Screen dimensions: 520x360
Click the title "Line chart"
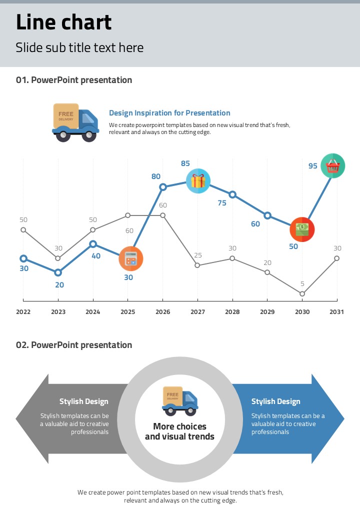[x=64, y=22]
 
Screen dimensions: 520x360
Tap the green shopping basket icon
[x=332, y=165]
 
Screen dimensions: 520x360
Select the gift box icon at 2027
[x=198, y=180]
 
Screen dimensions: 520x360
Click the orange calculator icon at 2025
[x=131, y=258]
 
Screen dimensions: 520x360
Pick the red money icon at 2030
[x=302, y=229]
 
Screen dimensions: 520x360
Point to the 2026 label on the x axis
[x=162, y=312]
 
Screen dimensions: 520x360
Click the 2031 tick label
[x=336, y=312]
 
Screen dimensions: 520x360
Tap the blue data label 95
[x=313, y=166]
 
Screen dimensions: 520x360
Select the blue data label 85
[x=185, y=163]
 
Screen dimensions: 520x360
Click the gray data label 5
[x=302, y=284]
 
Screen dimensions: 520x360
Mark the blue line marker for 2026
[x=163, y=187]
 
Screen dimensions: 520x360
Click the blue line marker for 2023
[x=58, y=272]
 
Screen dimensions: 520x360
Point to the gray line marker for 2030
[x=302, y=294]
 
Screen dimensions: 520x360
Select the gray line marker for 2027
[x=197, y=265]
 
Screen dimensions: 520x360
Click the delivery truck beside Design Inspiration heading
[x=75, y=122]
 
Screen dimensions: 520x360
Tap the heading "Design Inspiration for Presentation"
[x=169, y=113]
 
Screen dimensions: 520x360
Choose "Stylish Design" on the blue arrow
[x=275, y=401]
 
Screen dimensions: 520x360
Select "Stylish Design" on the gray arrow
[x=83, y=401]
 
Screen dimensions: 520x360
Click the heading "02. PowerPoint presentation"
[x=74, y=345]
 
